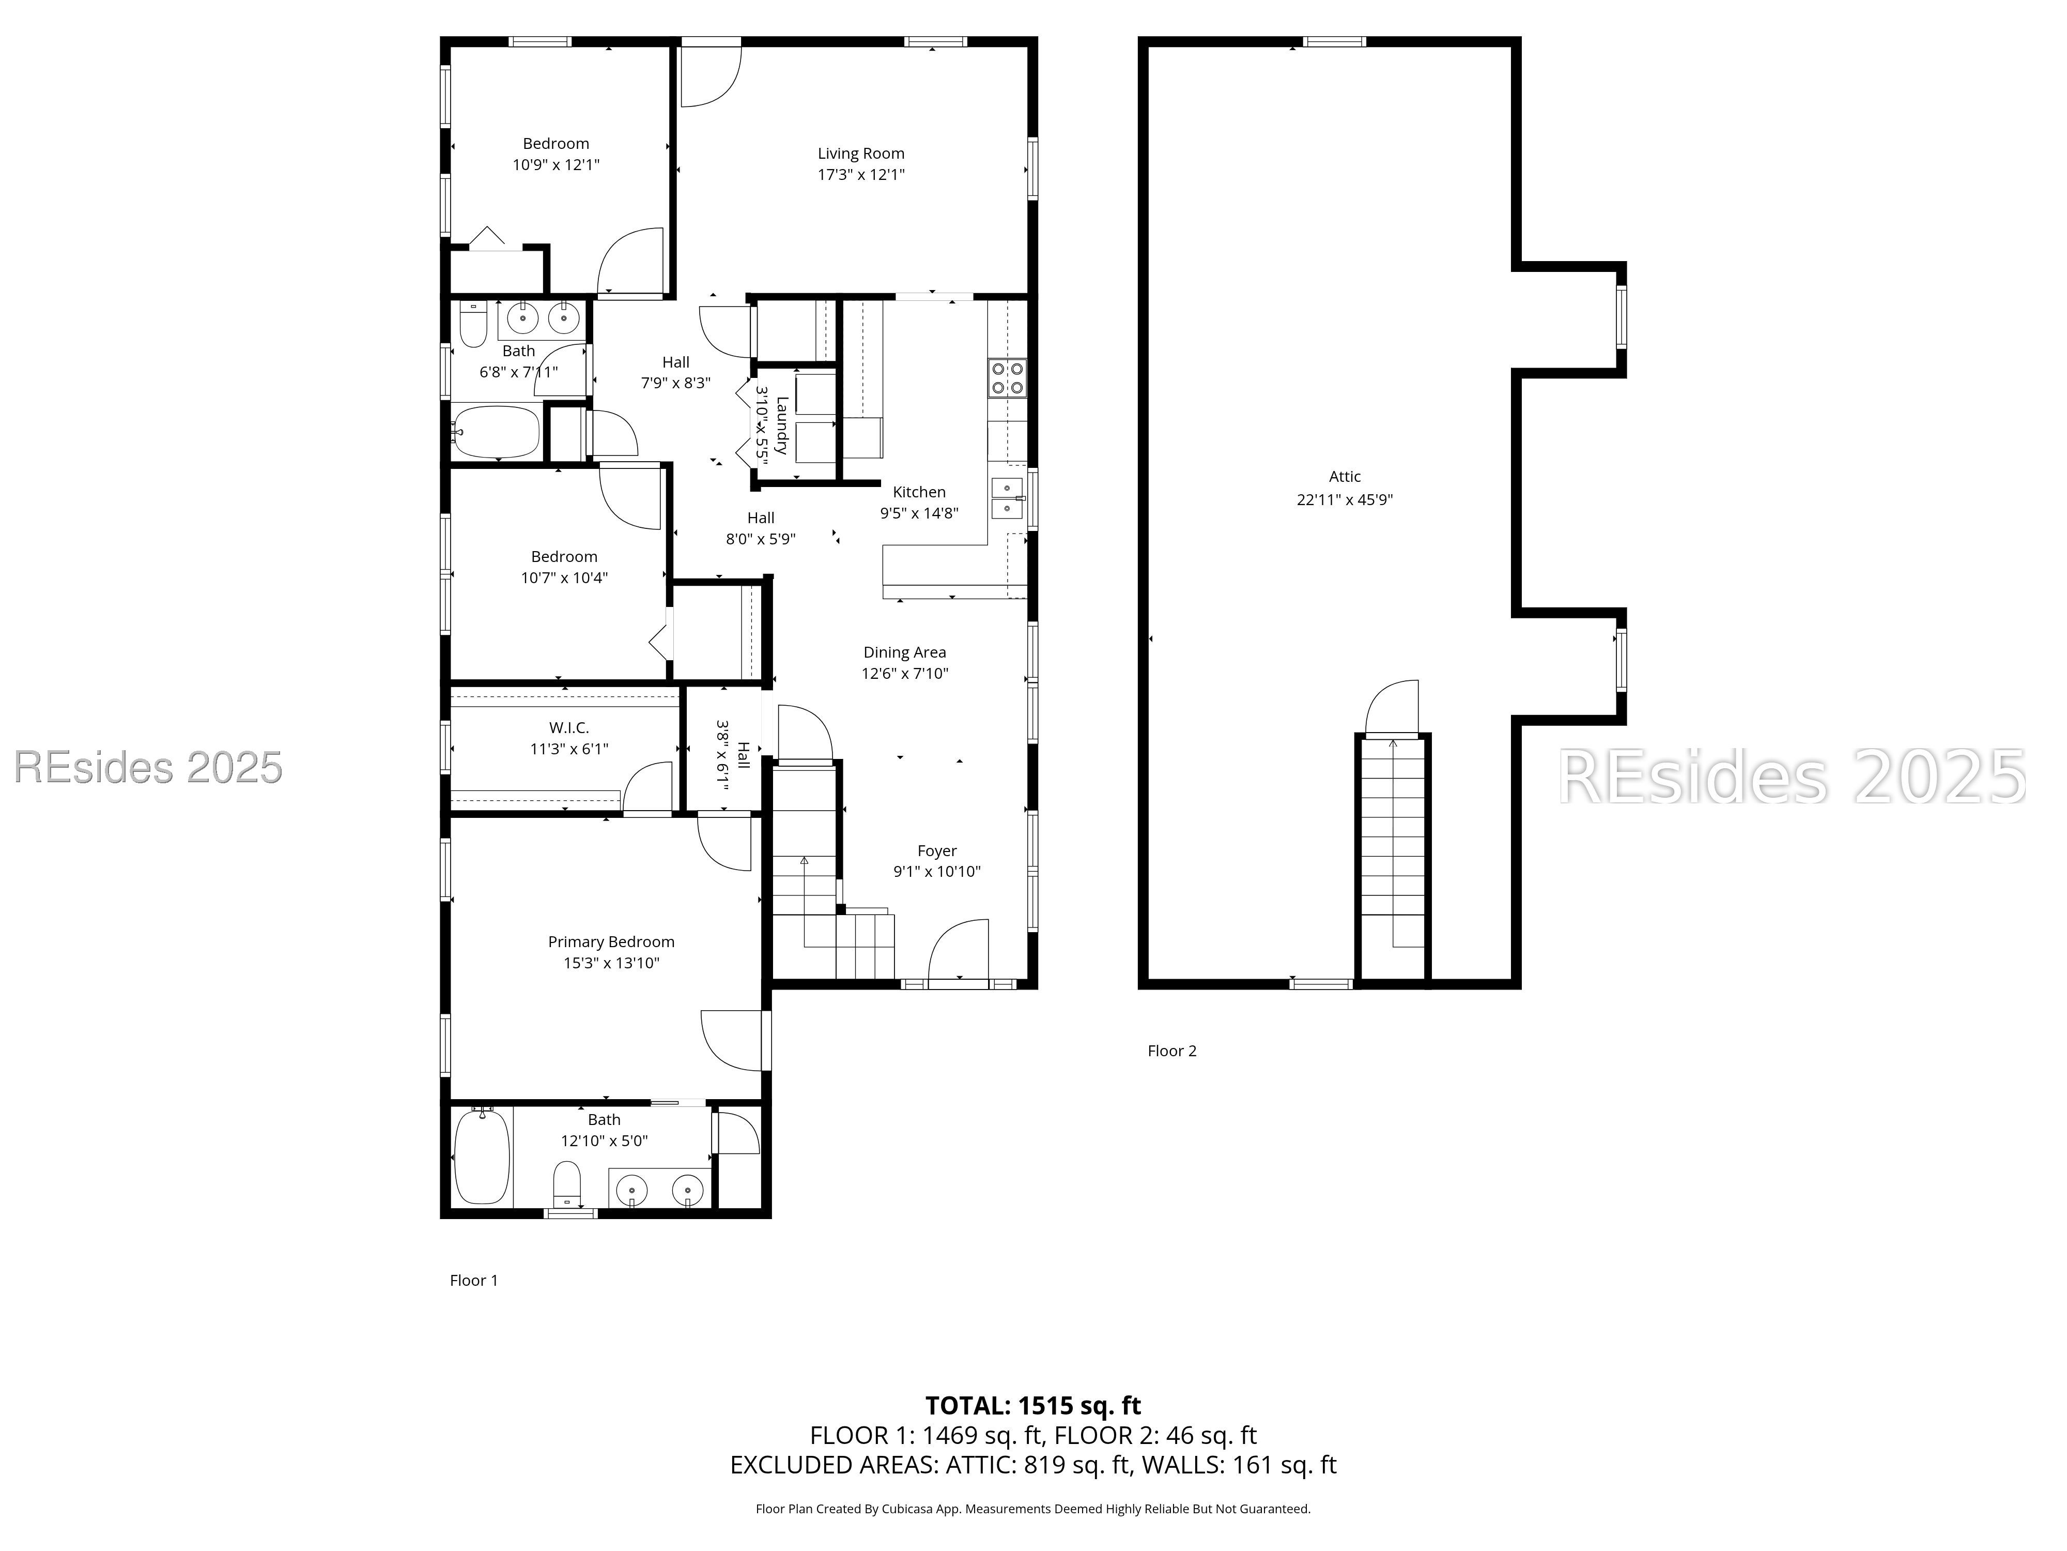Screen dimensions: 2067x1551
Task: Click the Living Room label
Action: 860,154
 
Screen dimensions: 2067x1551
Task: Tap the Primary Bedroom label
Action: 611,941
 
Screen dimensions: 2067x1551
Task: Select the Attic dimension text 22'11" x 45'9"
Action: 1345,499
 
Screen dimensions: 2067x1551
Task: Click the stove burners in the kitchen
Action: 1007,378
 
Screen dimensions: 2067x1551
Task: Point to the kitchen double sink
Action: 1007,498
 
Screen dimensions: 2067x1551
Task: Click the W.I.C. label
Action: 569,727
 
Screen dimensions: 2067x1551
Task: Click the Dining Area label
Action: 904,652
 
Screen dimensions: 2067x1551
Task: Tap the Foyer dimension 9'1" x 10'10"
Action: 937,871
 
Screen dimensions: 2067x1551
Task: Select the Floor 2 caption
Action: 1172,1051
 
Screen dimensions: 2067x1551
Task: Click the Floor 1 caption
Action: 474,1281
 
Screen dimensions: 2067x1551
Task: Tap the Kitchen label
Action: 919,492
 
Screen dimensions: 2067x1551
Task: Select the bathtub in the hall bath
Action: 497,432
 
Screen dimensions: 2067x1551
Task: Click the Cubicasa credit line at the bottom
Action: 1033,1509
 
